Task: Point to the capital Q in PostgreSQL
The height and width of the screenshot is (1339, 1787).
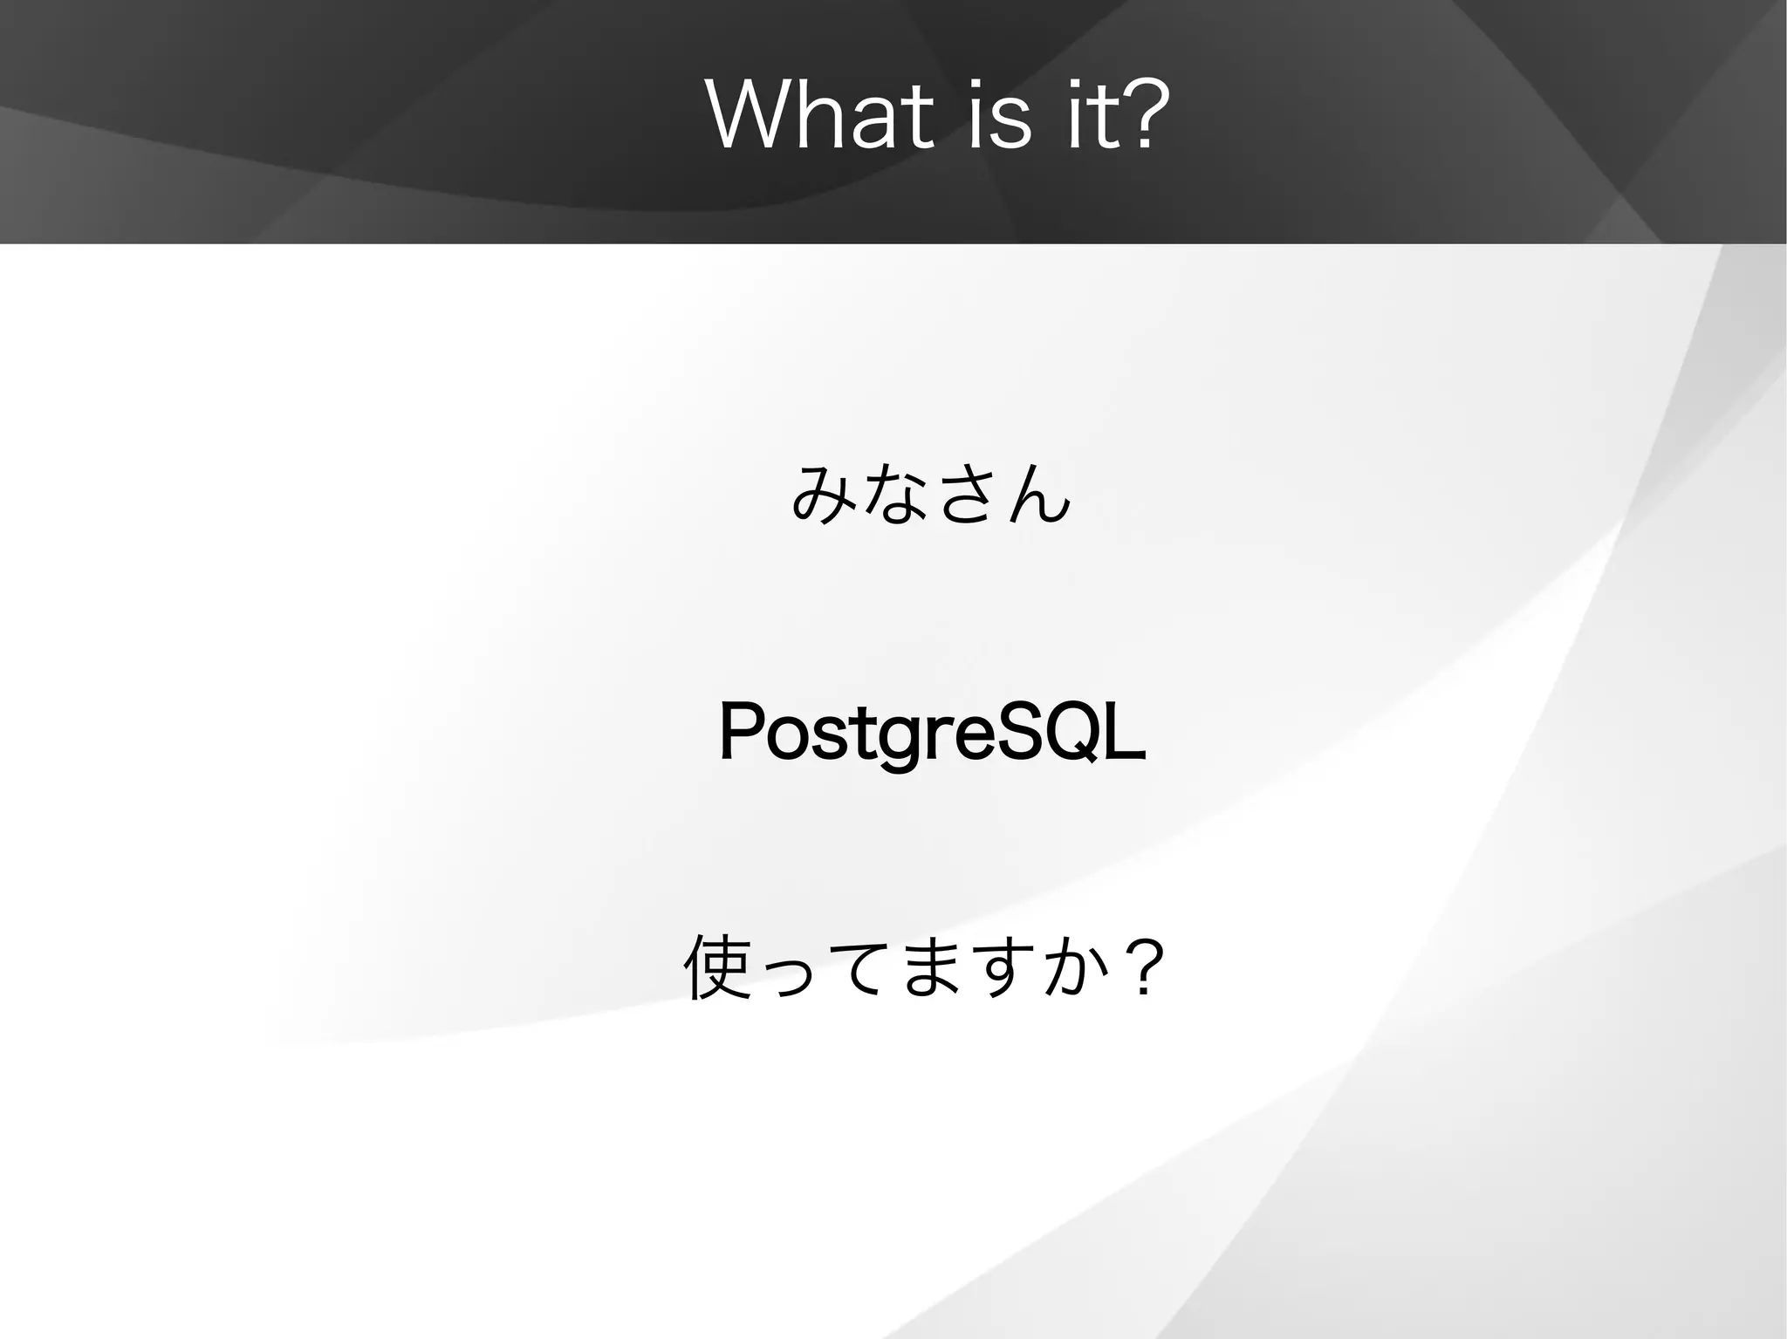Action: point(1067,733)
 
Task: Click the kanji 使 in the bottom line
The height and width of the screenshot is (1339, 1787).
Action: point(717,967)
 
